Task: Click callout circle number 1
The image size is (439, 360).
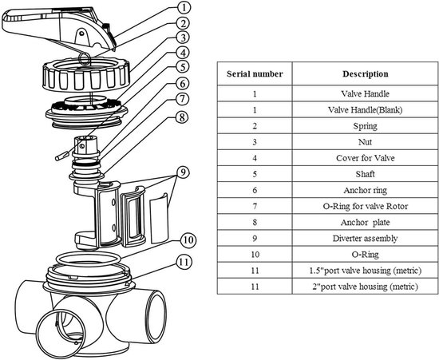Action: coord(183,7)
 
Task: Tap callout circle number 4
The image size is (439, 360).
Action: coord(183,53)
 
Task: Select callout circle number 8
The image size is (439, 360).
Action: coord(182,117)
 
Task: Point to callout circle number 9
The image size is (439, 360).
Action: coord(183,172)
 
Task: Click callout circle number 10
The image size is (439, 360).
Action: coord(188,240)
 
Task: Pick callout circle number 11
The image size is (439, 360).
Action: coord(184,263)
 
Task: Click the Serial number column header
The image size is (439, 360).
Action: coord(255,74)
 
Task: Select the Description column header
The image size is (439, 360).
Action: coord(365,74)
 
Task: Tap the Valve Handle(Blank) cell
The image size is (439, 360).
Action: coord(365,109)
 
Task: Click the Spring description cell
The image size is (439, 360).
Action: coord(365,125)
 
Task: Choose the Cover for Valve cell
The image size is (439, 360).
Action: coord(365,158)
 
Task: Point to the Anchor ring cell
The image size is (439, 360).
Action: coord(365,190)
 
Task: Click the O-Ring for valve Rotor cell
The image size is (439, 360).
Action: coord(365,206)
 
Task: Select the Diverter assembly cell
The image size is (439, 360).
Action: coord(365,238)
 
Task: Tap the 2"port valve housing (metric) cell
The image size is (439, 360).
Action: coord(365,287)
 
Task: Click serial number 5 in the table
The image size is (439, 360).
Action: coord(255,174)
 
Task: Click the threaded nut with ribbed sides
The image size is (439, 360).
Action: coord(86,75)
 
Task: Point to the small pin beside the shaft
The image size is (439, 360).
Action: coord(62,156)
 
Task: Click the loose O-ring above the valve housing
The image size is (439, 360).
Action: coord(89,259)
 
